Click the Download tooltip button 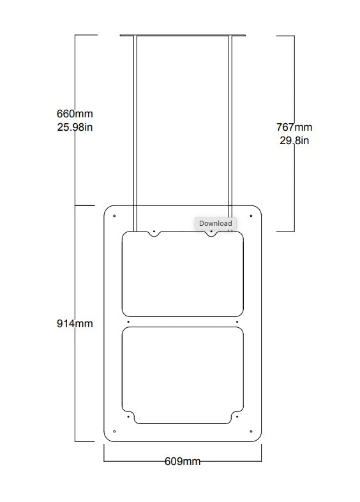[216, 223]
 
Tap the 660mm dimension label [75, 114]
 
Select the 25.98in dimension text [75, 127]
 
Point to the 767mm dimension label [294, 127]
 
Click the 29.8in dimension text [294, 140]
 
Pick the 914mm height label [75, 323]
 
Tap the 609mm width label [183, 461]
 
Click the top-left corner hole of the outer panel [114, 216]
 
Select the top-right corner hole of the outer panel [251, 216]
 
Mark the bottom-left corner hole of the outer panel [114, 431]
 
